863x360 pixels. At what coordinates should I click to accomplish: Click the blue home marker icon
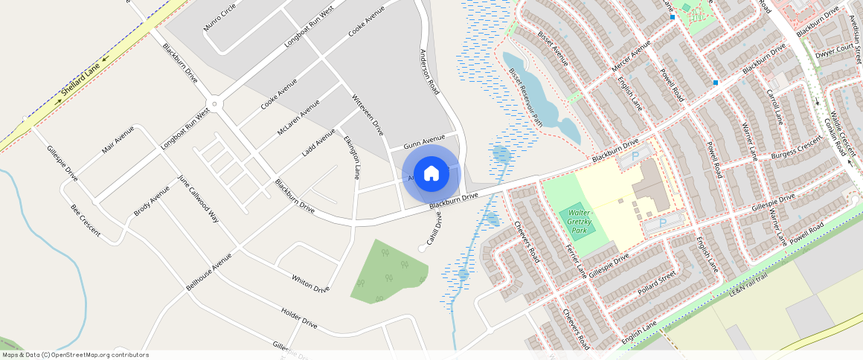(x=431, y=174)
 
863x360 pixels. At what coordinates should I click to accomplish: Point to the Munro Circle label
(x=219, y=17)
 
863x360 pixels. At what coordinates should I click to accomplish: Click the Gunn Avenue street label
(x=423, y=140)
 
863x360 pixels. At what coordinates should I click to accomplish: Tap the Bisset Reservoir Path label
(x=525, y=97)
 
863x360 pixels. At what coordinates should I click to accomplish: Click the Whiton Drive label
(x=310, y=283)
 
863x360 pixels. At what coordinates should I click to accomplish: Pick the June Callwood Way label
(x=198, y=199)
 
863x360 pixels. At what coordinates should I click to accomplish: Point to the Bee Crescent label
(x=86, y=219)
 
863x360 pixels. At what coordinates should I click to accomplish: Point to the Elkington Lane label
(x=353, y=157)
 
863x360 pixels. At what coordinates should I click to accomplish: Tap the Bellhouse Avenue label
(x=209, y=272)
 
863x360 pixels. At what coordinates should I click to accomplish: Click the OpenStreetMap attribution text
(x=75, y=355)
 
